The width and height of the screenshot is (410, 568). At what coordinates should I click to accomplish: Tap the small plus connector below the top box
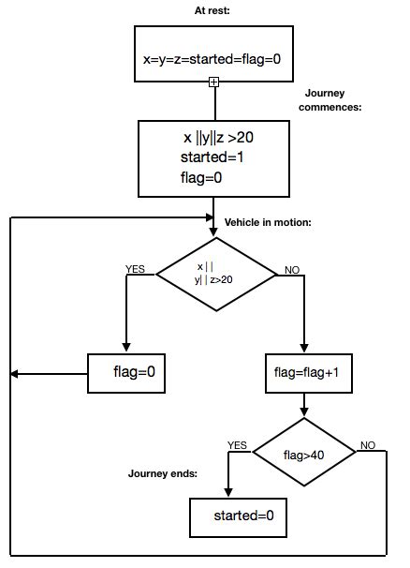coord(213,82)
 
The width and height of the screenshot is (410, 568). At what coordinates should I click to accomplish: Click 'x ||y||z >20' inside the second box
coord(218,138)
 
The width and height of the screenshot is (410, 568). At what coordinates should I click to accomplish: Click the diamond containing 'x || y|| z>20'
coord(216,273)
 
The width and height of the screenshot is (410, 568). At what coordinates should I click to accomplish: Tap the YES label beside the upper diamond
coord(138,268)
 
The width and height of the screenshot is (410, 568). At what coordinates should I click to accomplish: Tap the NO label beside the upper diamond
coord(290,269)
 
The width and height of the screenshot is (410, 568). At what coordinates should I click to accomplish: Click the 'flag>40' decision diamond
coord(305,454)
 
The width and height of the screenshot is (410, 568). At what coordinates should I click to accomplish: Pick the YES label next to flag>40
coord(238,445)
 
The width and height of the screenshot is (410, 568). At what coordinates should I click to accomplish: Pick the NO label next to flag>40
coord(367,445)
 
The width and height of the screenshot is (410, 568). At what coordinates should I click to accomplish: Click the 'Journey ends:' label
coord(163,473)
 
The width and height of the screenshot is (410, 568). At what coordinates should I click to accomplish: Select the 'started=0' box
coord(238,516)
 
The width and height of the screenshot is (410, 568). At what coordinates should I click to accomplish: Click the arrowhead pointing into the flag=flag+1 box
coord(305,350)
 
